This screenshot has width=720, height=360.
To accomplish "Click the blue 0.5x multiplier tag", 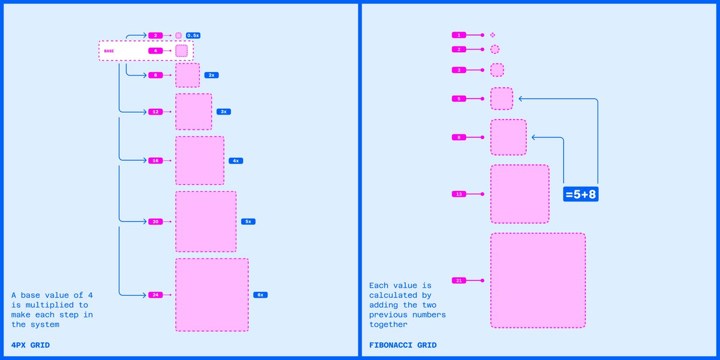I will point(193,35).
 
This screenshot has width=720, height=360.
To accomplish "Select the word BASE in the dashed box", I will point(109,51).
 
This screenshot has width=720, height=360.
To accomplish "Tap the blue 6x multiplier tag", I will point(260,295).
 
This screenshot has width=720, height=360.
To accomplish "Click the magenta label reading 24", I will point(155,295).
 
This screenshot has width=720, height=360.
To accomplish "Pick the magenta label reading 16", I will point(155,160).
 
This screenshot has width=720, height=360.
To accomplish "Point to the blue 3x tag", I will point(224,112).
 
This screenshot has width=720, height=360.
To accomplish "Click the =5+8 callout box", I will point(581,194).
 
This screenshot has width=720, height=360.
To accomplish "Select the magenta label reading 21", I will point(459,280).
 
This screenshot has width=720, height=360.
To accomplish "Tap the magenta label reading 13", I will point(459,194).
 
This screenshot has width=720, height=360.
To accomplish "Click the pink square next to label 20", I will point(206,221).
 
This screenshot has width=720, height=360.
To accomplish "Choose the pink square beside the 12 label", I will point(193,112).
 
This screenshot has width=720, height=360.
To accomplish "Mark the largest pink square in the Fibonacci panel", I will point(538,280).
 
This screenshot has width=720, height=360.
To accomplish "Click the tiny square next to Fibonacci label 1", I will point(493,35).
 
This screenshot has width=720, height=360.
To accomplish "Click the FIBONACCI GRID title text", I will point(403,345).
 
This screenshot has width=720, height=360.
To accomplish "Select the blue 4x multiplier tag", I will point(236,161).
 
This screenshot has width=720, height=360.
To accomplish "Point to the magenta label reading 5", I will point(459,98).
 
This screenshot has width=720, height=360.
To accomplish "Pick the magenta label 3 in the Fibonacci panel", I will point(459,70).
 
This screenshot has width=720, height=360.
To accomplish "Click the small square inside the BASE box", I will point(181,51).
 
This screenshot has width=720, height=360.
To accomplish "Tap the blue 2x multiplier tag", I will point(211,75).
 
